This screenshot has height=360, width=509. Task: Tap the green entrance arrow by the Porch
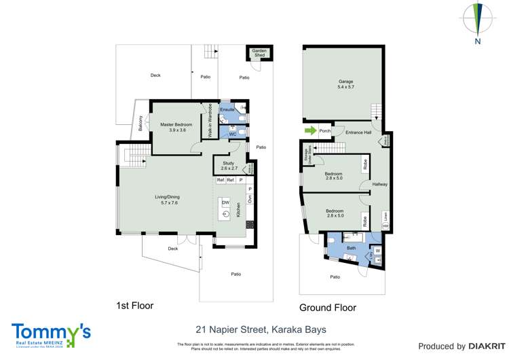309,131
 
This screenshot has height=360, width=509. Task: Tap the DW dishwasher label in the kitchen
226,203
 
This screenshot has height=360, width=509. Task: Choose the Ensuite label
227,109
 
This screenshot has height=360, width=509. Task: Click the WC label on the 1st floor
232,134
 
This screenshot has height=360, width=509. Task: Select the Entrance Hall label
358,132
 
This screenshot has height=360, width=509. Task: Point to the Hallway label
379,184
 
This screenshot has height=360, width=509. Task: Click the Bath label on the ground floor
351,249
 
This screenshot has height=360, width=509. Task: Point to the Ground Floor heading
328,308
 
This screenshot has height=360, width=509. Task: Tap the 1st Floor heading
134,306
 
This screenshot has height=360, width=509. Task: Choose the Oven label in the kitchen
249,200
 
